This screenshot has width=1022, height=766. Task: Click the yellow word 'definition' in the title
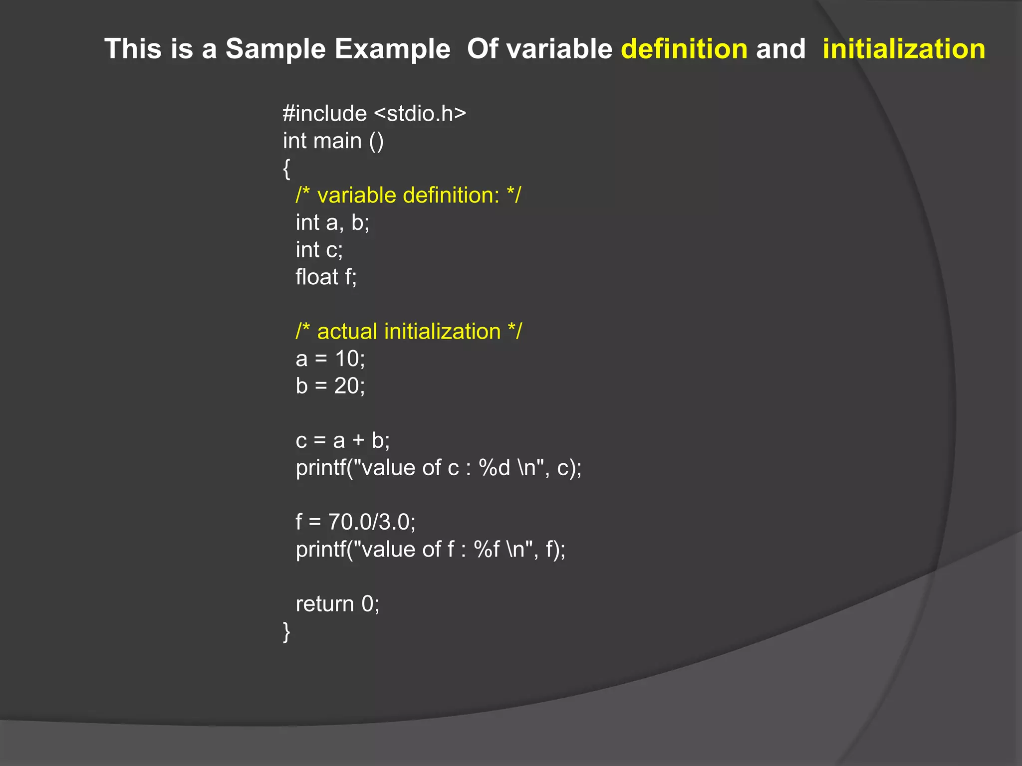(x=684, y=49)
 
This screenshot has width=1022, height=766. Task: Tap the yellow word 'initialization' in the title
(x=904, y=49)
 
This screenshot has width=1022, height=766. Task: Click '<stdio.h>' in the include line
(x=420, y=114)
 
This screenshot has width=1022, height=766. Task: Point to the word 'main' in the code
(x=337, y=141)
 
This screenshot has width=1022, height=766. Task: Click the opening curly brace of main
(x=286, y=169)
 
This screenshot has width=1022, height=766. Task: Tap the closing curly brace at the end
(x=286, y=631)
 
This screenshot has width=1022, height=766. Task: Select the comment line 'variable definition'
(x=408, y=195)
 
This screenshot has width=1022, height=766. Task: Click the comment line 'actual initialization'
(x=408, y=332)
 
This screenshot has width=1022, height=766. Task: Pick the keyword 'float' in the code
(x=317, y=277)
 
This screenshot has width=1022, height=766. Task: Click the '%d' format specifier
(x=494, y=468)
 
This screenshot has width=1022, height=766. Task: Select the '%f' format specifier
(x=487, y=550)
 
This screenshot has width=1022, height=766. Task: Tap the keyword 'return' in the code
(x=324, y=604)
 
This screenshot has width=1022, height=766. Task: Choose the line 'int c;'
(x=319, y=250)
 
